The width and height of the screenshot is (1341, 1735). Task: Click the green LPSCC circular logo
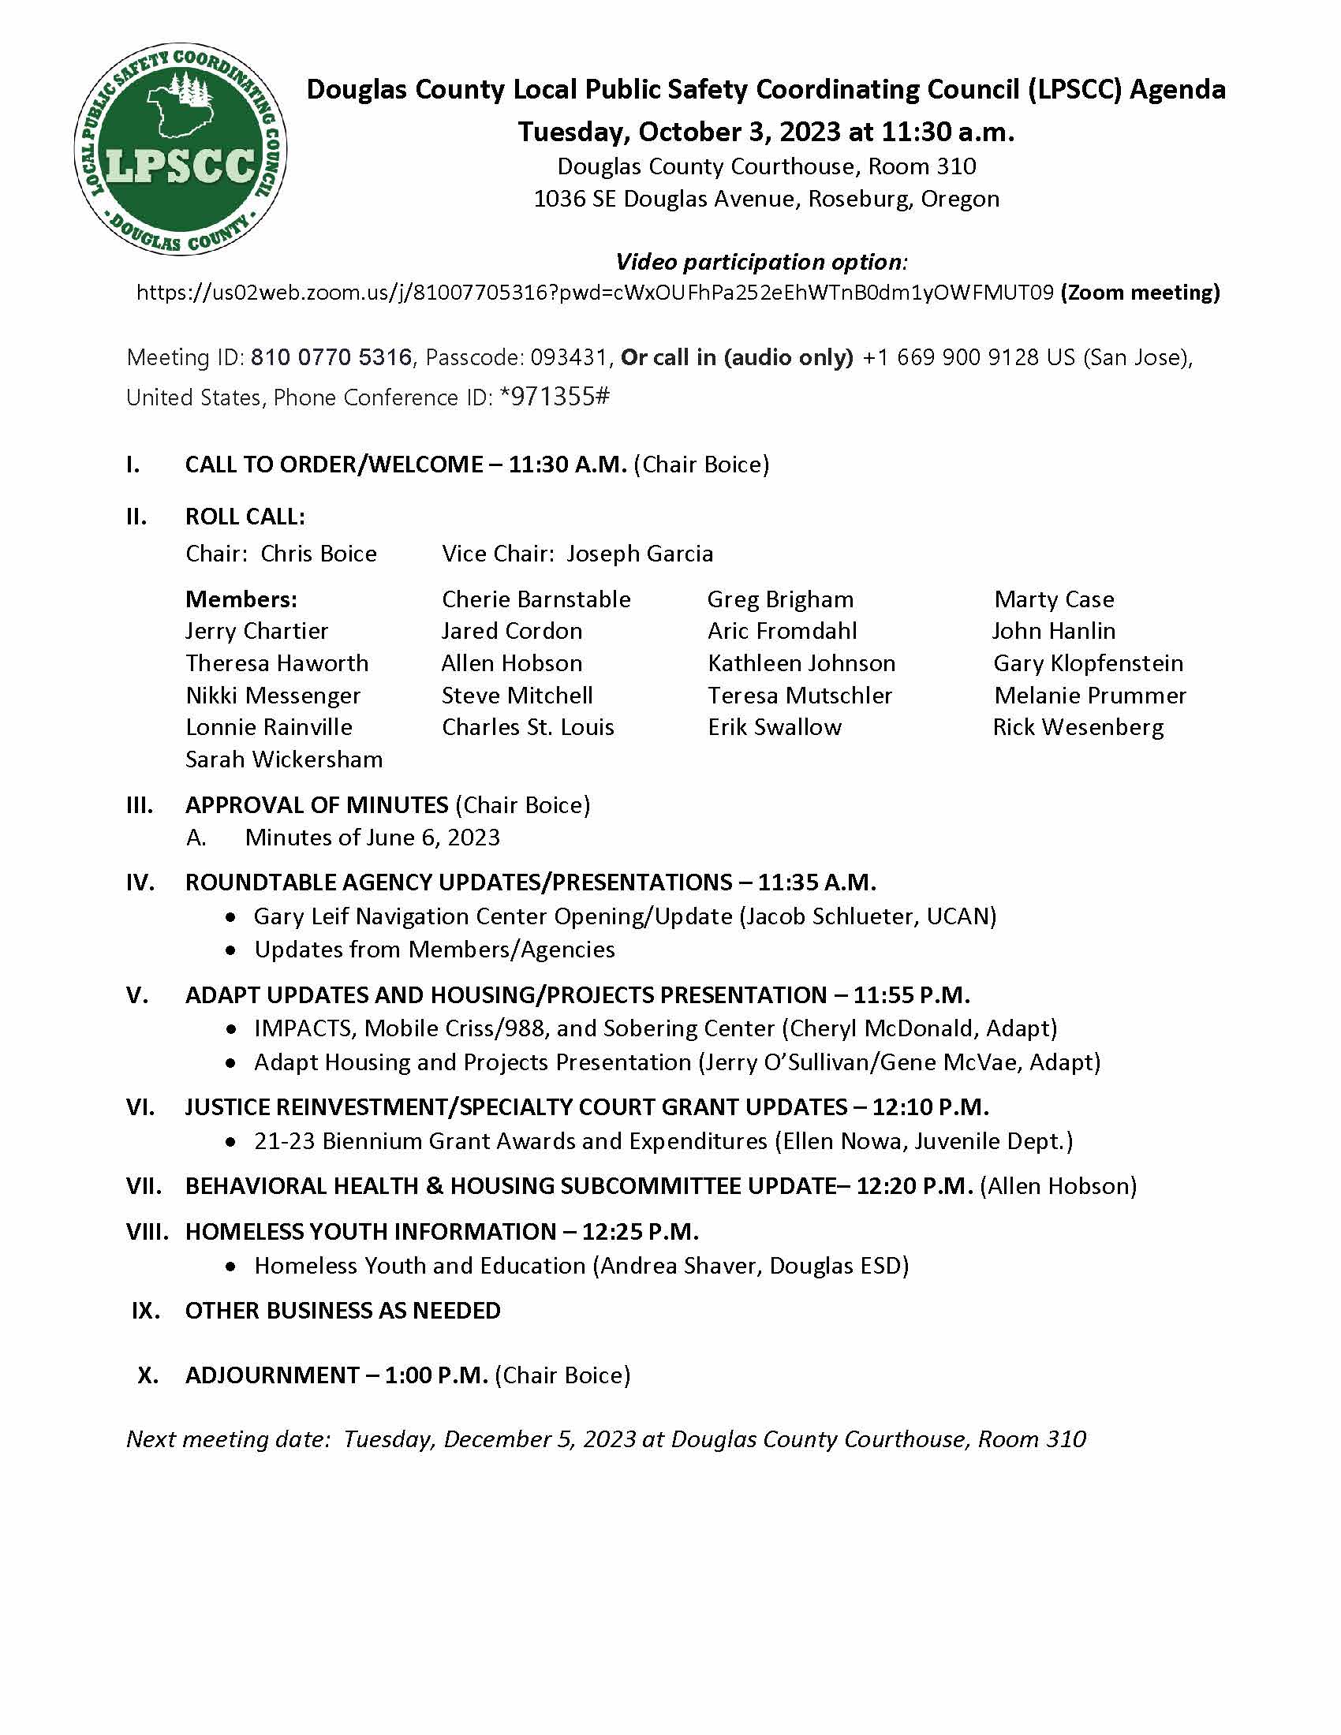pos(181,149)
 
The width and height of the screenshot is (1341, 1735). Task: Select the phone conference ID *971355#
pos(555,397)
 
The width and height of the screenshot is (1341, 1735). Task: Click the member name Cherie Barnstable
pos(536,600)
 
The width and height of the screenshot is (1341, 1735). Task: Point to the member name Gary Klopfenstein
pos(1088,663)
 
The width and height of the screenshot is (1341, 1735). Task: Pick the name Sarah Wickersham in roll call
pos(284,759)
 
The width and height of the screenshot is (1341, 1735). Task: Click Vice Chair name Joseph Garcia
pos(640,554)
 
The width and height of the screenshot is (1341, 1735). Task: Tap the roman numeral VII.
pos(144,1186)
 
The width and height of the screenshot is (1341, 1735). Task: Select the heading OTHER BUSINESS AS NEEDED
pos(342,1310)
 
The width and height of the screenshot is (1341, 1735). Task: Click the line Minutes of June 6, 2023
pos(372,838)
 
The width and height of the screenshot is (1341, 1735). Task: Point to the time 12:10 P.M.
pos(930,1107)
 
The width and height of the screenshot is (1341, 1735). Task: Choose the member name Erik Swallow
pos(775,728)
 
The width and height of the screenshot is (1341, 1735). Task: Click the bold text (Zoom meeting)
pos(1140,293)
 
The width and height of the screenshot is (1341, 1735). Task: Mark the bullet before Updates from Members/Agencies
pos(230,950)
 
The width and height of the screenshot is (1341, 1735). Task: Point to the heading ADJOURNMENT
pos(271,1375)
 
